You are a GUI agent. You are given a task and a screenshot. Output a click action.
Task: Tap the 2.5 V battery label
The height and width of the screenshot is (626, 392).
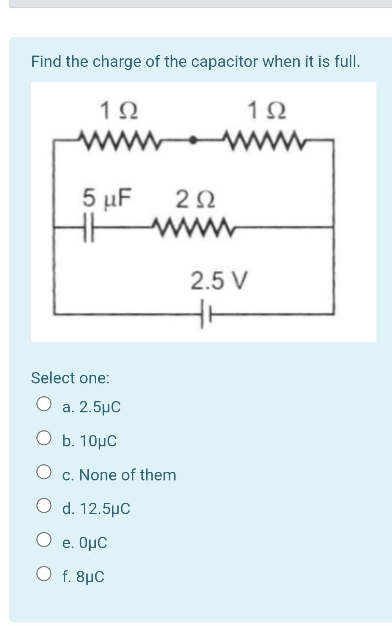(219, 281)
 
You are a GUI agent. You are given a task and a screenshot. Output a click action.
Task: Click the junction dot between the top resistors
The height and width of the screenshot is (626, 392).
(192, 140)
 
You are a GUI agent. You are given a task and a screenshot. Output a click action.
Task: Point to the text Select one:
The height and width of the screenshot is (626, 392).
(70, 378)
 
